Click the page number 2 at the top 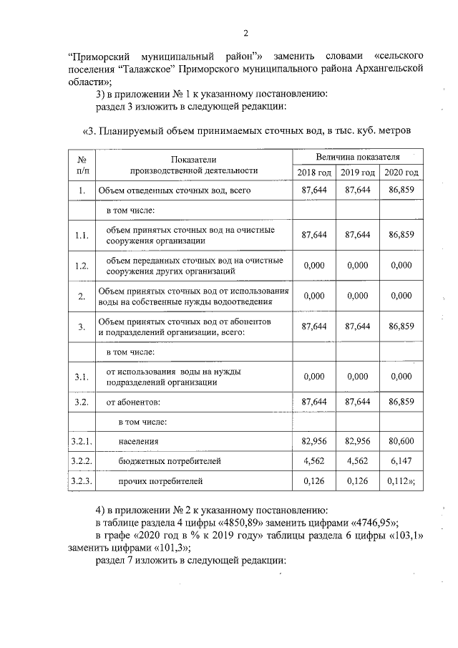[x=245, y=34]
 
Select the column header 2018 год [x=314, y=173]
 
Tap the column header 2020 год [x=401, y=173]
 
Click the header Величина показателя [x=358, y=156]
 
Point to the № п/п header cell [x=82, y=165]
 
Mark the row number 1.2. [x=82, y=266]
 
